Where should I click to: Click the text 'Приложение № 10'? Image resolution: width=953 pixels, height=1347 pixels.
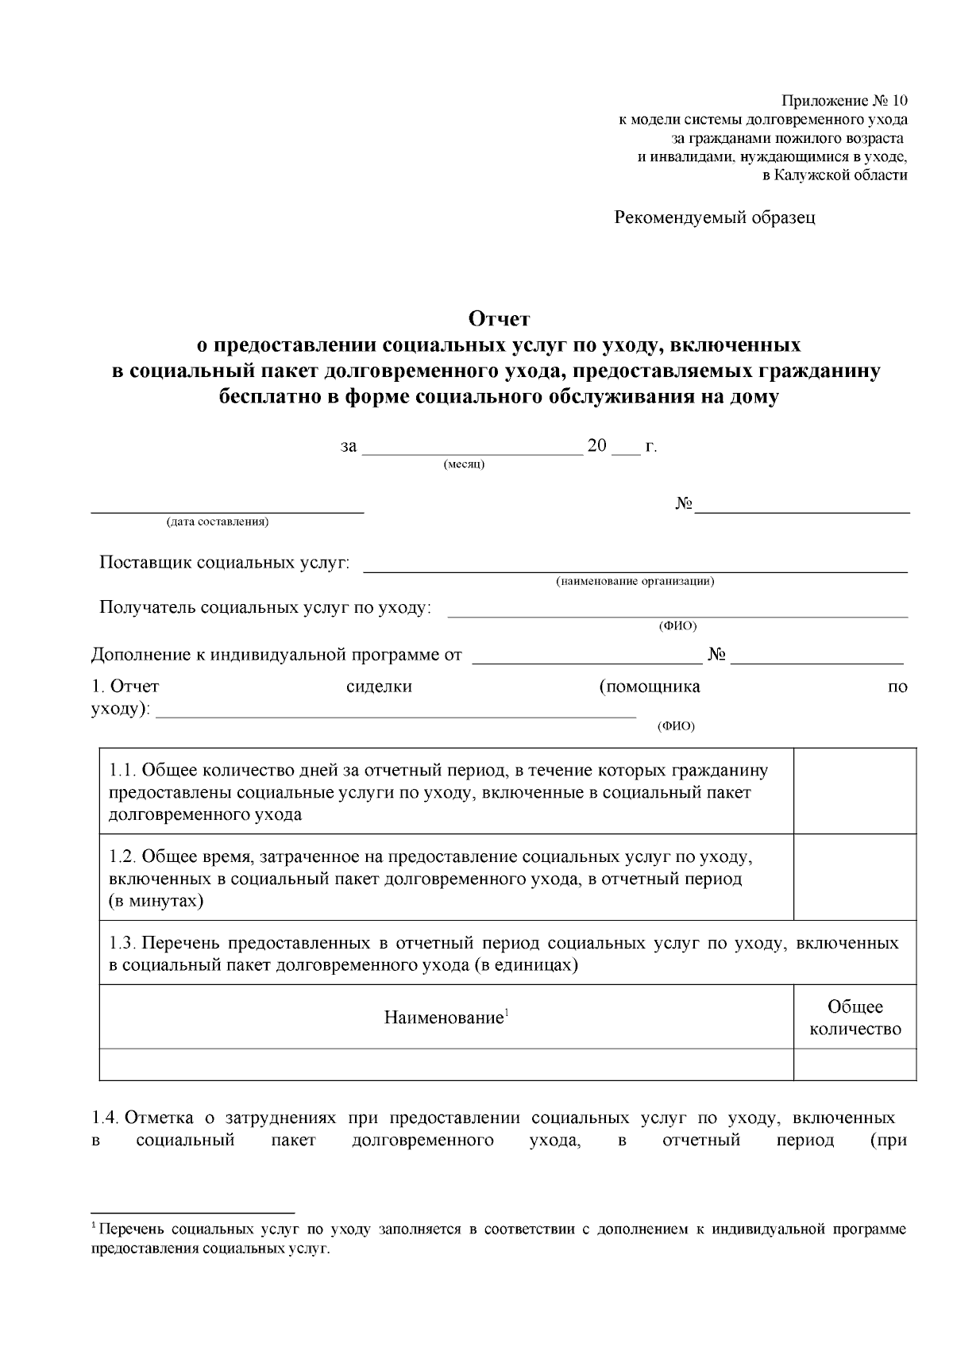coord(843,101)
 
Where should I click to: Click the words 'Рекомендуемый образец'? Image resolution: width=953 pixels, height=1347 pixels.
coord(715,217)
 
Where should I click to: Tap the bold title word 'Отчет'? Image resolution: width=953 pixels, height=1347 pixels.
coord(499,319)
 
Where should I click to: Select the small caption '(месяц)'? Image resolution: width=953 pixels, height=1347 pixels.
coord(464,464)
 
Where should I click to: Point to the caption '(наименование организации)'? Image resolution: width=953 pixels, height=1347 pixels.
coord(635,581)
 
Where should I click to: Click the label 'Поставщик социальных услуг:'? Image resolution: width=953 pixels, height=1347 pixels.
coord(224,563)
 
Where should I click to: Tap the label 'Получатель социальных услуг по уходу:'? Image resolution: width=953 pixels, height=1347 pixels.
coord(265,607)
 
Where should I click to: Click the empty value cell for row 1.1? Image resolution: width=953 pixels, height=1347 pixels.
coord(855,791)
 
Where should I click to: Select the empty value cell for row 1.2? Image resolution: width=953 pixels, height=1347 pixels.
coord(855,877)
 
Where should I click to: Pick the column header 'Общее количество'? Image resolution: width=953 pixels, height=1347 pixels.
coord(855,1018)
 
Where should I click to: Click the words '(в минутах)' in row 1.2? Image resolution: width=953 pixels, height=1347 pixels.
coord(156,901)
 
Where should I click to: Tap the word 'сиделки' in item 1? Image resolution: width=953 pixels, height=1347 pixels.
coord(380,687)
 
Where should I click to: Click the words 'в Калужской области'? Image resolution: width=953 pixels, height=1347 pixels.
coord(835,175)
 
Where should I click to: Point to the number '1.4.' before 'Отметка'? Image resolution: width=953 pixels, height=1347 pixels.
coord(106,1118)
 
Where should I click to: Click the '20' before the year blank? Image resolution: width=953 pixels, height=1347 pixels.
coord(596,445)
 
